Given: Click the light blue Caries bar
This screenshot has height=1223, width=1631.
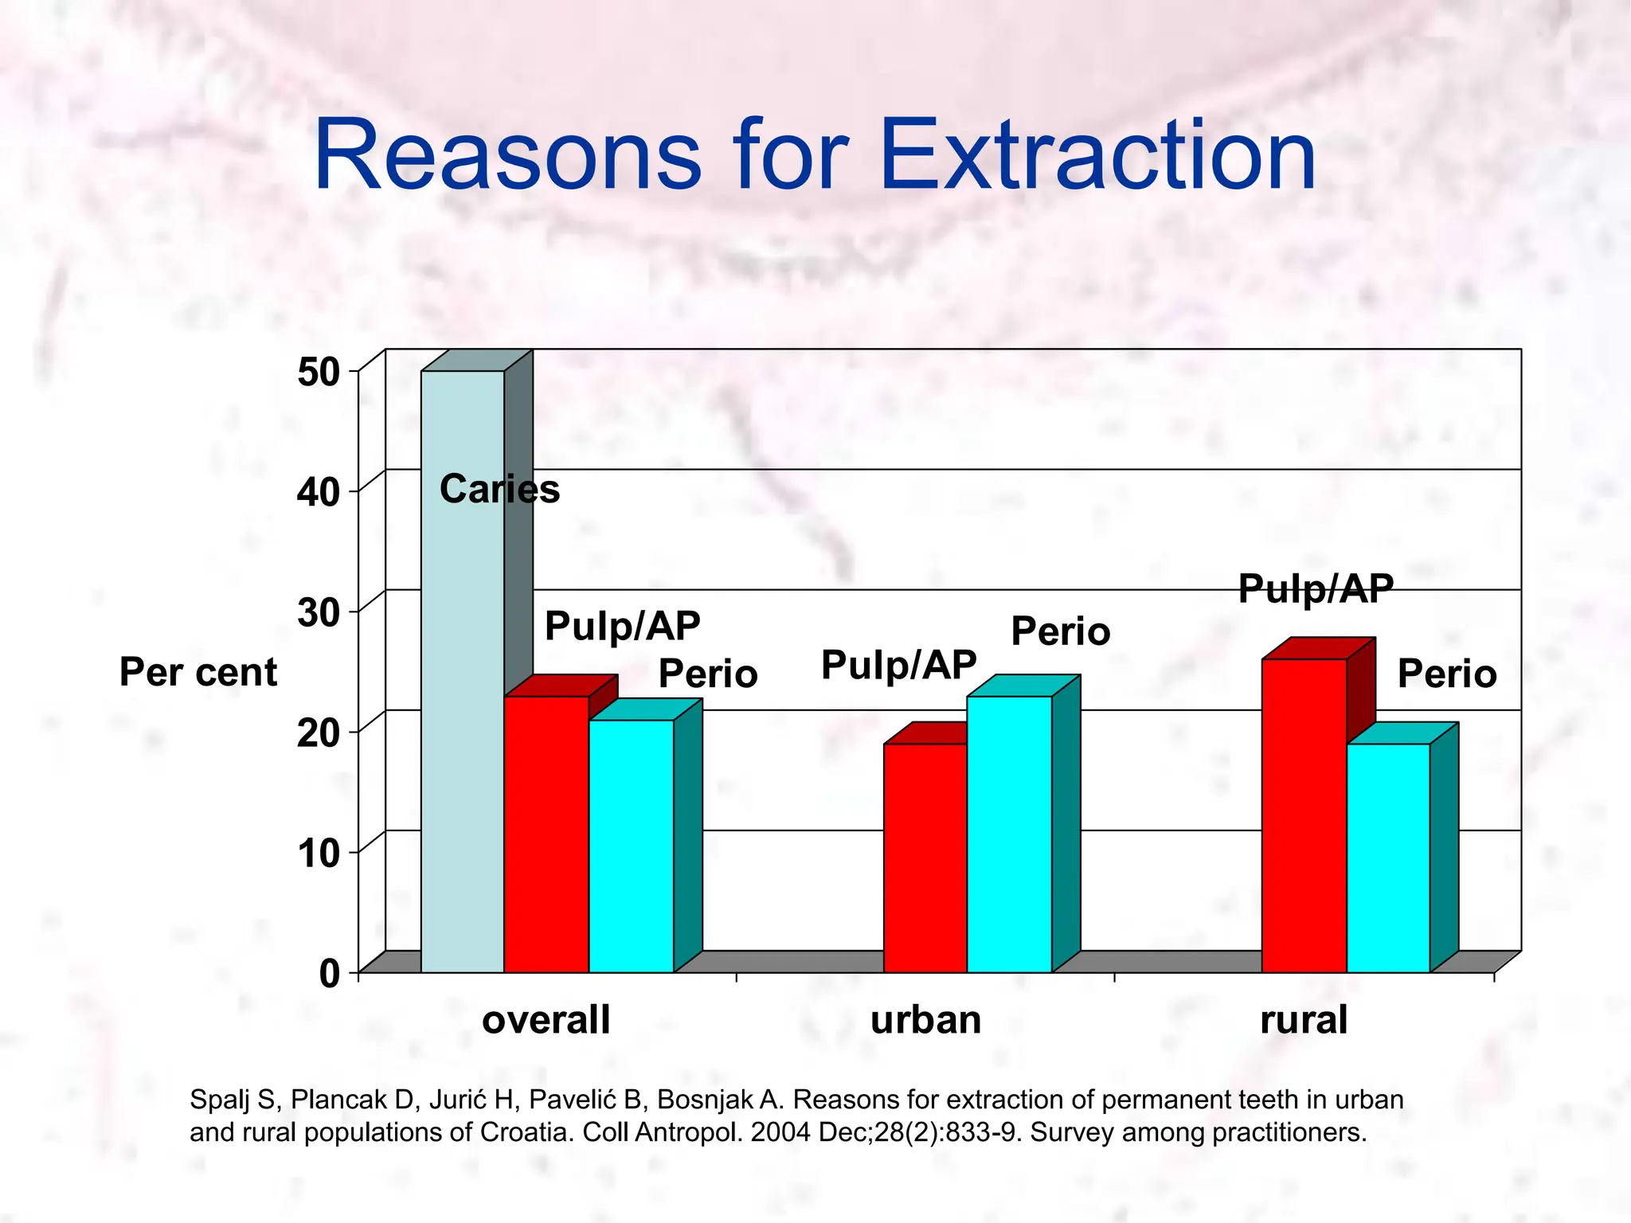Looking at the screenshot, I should pos(462,717).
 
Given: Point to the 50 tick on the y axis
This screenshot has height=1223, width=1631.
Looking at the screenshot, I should pos(319,373).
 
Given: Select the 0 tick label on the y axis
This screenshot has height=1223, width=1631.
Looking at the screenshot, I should pos(329,973).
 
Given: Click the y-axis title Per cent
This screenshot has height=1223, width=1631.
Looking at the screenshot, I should pos(198,672).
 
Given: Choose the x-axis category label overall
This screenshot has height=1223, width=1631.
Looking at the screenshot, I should pos(546,1020).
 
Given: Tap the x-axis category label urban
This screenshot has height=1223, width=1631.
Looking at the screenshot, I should pos(925,1020).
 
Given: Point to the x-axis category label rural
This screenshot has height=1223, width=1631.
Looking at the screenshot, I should pos(1304,1020).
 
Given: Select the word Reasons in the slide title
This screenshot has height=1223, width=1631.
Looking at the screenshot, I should pos(507,155).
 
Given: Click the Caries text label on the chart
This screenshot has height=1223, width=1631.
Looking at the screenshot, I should pos(499,488).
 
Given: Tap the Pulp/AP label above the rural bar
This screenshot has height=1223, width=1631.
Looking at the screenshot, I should pos(1316,589).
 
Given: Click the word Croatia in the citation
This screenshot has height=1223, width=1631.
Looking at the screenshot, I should pos(526,1132).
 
